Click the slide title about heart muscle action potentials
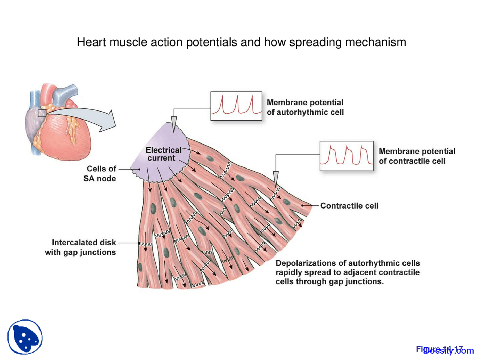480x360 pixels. tap(241, 42)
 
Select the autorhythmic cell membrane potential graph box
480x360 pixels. tap(236, 106)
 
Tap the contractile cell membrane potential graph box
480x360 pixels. tap(346, 156)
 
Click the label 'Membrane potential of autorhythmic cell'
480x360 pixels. tap(305, 107)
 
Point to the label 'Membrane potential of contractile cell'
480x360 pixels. tap(417, 156)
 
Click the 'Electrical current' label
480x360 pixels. tap(163, 154)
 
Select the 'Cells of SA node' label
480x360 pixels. tap(100, 174)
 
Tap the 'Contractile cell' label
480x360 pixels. tap(349, 206)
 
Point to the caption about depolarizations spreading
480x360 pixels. tap(347, 273)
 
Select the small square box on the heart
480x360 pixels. tap(42, 113)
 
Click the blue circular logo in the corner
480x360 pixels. tap(25, 337)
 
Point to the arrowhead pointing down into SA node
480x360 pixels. tap(174, 124)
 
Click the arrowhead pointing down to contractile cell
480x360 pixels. tap(276, 178)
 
